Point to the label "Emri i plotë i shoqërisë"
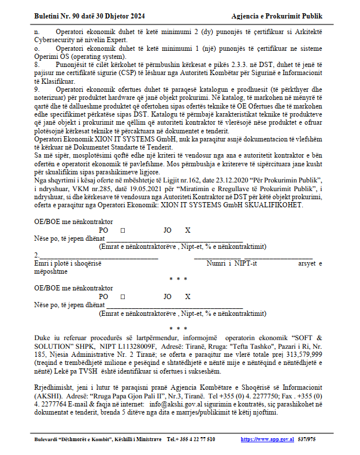pos(68,263)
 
